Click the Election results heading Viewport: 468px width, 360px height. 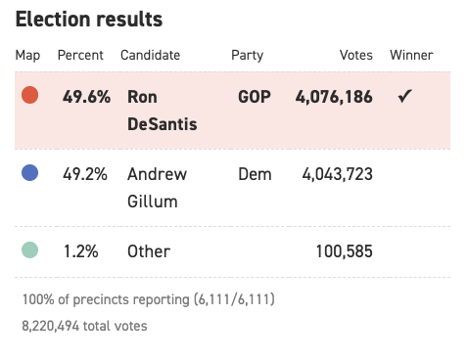pyautogui.click(x=89, y=20)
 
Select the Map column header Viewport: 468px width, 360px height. pyautogui.click(x=27, y=55)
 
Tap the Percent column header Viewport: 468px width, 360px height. pyautogui.click(x=80, y=55)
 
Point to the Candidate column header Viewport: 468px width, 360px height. pyautogui.click(x=150, y=55)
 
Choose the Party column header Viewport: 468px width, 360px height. pyautogui.click(x=247, y=56)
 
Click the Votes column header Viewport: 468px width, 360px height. pyautogui.click(x=356, y=55)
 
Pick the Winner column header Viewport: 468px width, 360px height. pyautogui.click(x=411, y=55)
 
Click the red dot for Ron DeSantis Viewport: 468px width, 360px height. pyautogui.click(x=29, y=95)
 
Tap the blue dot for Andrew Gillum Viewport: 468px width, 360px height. pyautogui.click(x=29, y=172)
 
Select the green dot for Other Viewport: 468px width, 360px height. pyautogui.click(x=29, y=249)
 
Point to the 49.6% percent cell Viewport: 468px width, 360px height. pyautogui.click(x=86, y=97)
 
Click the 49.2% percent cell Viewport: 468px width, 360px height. pyautogui.click(x=85, y=174)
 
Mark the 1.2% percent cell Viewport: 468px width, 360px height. pyautogui.click(x=81, y=251)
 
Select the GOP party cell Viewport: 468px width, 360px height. pyautogui.click(x=255, y=97)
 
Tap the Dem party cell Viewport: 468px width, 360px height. pyautogui.click(x=255, y=174)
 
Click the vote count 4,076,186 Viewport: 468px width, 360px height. pyautogui.click(x=334, y=97)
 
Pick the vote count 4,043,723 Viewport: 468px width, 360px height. pyautogui.click(x=337, y=174)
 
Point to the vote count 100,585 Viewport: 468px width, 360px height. pyautogui.click(x=345, y=251)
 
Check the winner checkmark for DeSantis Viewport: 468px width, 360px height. pyautogui.click(x=404, y=96)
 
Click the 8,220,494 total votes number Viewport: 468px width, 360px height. pyautogui.click(x=50, y=326)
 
